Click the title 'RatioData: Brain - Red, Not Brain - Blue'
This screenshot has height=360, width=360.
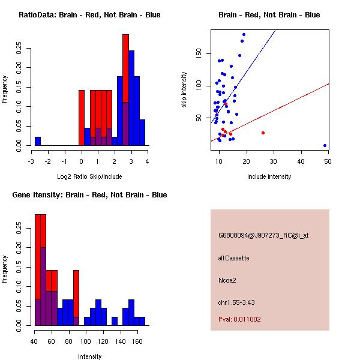pos(89,14)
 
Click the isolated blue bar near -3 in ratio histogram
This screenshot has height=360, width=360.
pos(38,141)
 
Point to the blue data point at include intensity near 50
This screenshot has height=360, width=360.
pos(325,145)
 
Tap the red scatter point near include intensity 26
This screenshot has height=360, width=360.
pos(263,133)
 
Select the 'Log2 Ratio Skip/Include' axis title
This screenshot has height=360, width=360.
pos(89,176)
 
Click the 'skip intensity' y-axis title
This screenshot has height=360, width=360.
pos(184,90)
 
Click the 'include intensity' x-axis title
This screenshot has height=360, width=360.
pos(269,176)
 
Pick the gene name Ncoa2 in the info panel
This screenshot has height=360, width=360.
pos(228,280)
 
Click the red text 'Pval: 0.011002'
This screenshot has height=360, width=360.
pos(239,319)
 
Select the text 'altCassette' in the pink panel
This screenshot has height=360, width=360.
pos(233,258)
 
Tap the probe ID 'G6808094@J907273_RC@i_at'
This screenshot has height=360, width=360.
pos(263,236)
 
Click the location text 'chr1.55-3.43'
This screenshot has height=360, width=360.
pos(236,302)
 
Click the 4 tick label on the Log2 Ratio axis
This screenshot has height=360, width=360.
pos(147,161)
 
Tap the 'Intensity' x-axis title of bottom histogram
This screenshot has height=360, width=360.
pos(89,356)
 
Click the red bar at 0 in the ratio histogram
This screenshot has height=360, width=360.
pos(82,117)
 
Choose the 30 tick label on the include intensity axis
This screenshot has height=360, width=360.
pos(274,161)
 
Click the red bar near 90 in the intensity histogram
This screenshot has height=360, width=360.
pos(76,294)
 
